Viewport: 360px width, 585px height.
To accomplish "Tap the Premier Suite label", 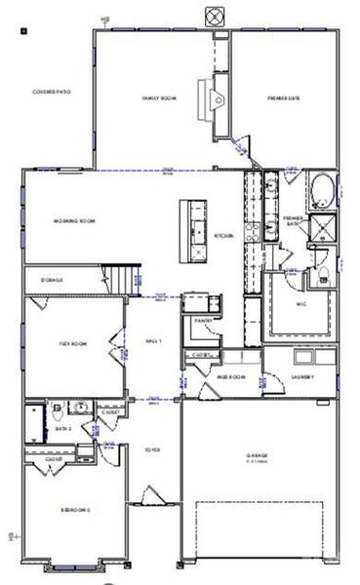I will point(284,98).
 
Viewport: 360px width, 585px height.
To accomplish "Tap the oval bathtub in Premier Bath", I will point(322,189).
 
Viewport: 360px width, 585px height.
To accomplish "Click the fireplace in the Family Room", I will point(212,97).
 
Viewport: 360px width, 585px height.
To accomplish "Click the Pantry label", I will point(204,320).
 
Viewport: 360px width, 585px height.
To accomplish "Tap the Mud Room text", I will point(230,377).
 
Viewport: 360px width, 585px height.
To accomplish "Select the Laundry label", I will point(302,377).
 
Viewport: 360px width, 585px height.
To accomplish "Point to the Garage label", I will point(258,455).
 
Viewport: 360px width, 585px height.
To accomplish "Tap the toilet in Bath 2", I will point(60,409).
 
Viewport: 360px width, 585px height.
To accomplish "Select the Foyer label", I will point(153,450).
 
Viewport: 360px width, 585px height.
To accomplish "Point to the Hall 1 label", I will point(153,340).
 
